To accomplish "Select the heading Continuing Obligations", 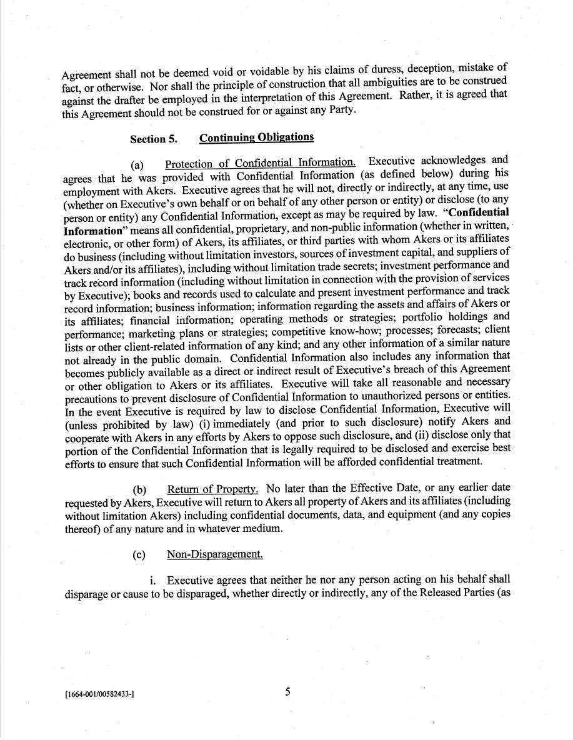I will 257,137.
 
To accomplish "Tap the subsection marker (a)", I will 137,166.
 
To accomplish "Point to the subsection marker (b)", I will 140,489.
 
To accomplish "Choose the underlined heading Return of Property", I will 212,489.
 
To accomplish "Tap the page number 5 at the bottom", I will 288,692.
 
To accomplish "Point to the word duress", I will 374,70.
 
